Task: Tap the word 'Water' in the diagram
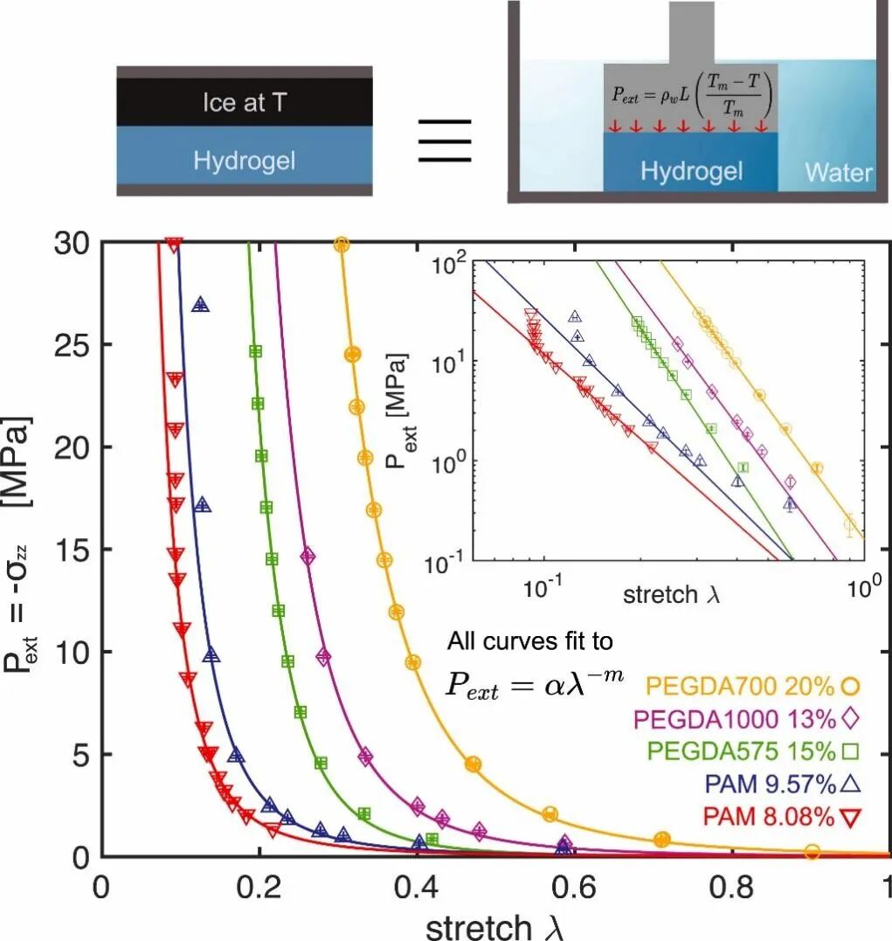838,171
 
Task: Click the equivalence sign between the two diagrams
445,139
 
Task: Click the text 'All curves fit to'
530,642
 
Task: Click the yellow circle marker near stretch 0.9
812,852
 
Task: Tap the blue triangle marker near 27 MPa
201,305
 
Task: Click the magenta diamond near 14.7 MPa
308,556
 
